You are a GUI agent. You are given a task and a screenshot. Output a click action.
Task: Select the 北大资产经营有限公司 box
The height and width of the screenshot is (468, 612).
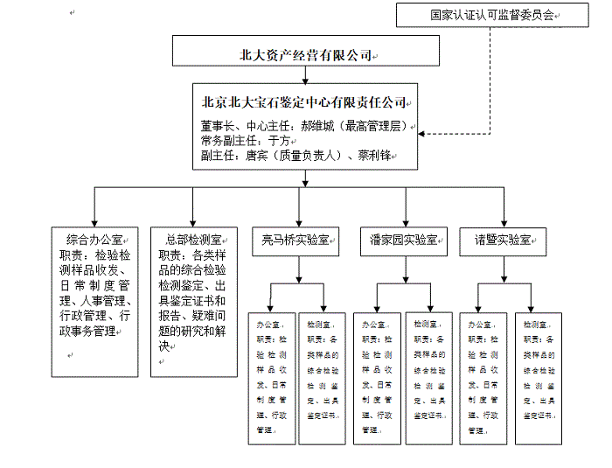tap(305, 54)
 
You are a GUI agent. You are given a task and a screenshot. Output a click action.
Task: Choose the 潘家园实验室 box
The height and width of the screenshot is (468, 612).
tap(403, 239)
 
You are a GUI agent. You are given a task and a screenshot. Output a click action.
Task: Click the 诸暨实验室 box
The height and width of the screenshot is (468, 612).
tap(504, 239)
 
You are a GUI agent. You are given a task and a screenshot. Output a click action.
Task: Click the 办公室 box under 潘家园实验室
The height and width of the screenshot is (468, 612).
tap(377, 377)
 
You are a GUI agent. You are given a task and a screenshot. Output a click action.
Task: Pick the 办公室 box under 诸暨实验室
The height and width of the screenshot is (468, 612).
tap(483, 377)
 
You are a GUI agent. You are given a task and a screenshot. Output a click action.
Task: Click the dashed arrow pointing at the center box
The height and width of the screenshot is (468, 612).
tap(425, 135)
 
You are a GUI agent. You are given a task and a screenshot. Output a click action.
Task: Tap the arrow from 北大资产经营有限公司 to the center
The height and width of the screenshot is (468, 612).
tap(304, 75)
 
